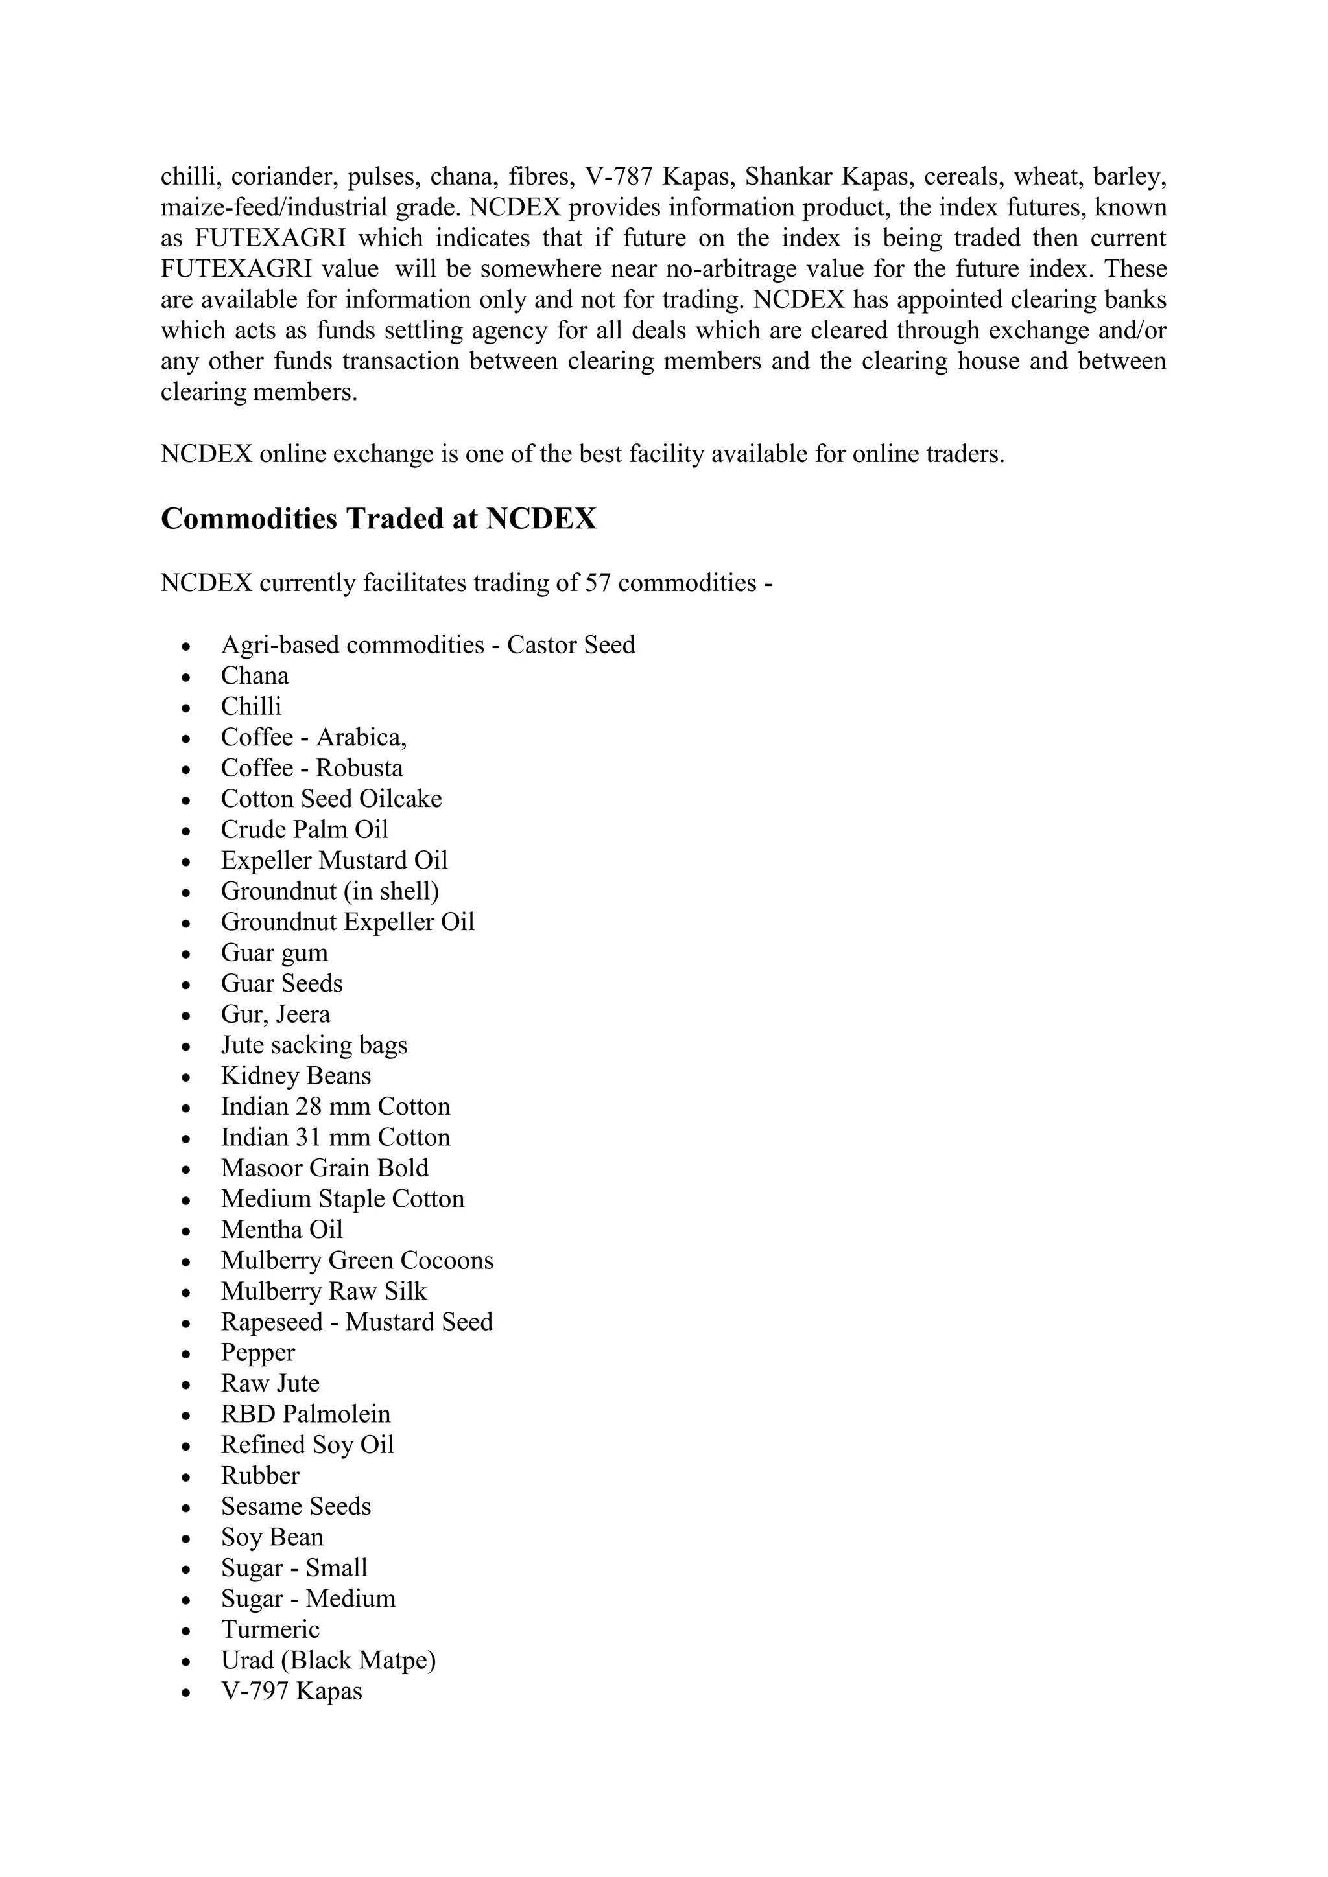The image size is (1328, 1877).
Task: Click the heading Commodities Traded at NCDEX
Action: (379, 519)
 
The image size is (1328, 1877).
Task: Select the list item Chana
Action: (254, 676)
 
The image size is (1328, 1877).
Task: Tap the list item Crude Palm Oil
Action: (304, 830)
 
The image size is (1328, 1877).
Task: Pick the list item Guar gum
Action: (274, 953)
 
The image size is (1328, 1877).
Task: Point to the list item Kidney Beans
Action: (295, 1076)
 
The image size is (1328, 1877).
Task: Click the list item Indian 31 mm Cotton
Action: (335, 1137)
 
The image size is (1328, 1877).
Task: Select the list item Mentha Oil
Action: (281, 1230)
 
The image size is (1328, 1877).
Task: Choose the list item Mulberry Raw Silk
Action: (323, 1291)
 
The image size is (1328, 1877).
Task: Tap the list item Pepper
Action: (257, 1353)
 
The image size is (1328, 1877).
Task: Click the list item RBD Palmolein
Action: (305, 1414)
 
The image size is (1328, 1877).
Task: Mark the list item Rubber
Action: (260, 1476)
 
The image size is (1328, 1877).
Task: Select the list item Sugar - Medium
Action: (307, 1598)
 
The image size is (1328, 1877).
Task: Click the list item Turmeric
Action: (270, 1629)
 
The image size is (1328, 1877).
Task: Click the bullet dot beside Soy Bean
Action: (187, 1539)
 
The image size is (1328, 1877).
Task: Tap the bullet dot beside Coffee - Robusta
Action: (187, 770)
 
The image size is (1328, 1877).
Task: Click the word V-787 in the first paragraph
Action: (618, 176)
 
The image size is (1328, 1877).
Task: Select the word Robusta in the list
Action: (359, 769)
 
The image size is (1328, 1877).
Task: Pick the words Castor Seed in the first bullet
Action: (571, 645)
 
